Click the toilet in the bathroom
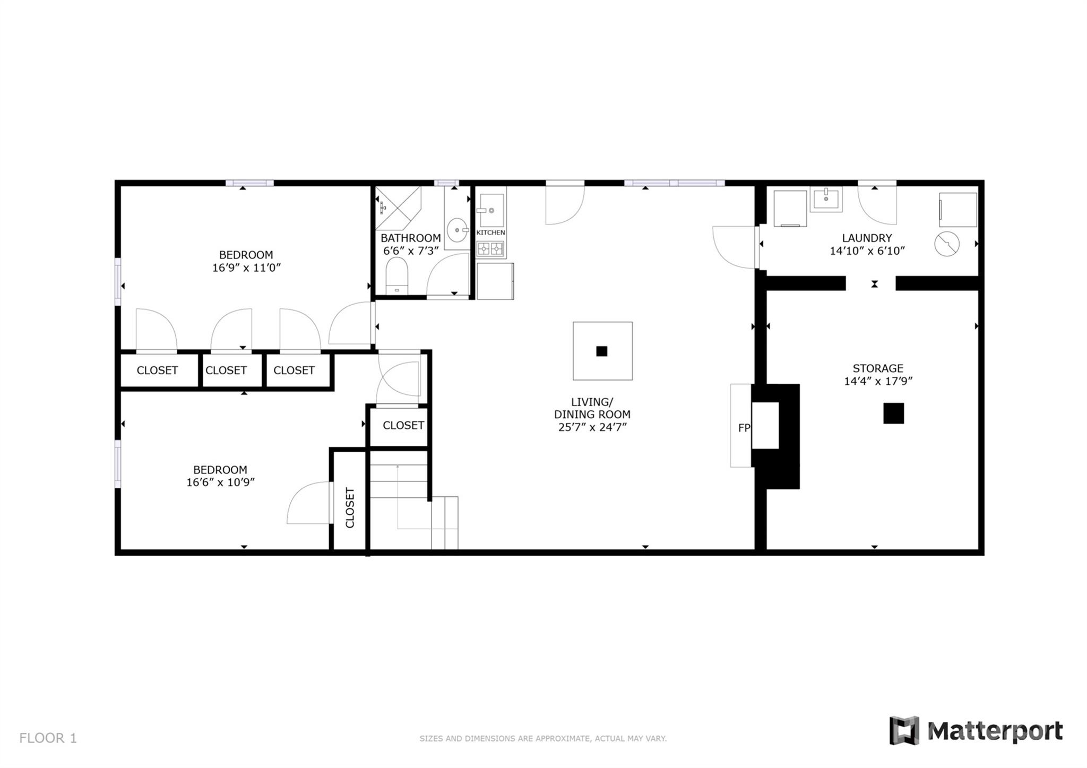[396, 275]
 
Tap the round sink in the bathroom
[457, 230]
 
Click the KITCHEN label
[490, 232]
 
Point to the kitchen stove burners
[490, 248]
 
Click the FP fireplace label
[744, 427]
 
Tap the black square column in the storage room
[893, 413]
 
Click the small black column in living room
[601, 351]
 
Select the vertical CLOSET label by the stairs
[350, 507]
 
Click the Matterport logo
[976, 731]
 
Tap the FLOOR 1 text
[48, 738]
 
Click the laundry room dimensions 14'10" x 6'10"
[867, 251]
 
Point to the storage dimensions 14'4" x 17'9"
[878, 381]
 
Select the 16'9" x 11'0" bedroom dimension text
[246, 267]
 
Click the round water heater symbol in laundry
[947, 244]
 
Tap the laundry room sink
[825, 199]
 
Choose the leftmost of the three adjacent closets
[157, 370]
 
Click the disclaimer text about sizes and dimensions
[542, 738]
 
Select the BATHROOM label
[410, 238]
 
